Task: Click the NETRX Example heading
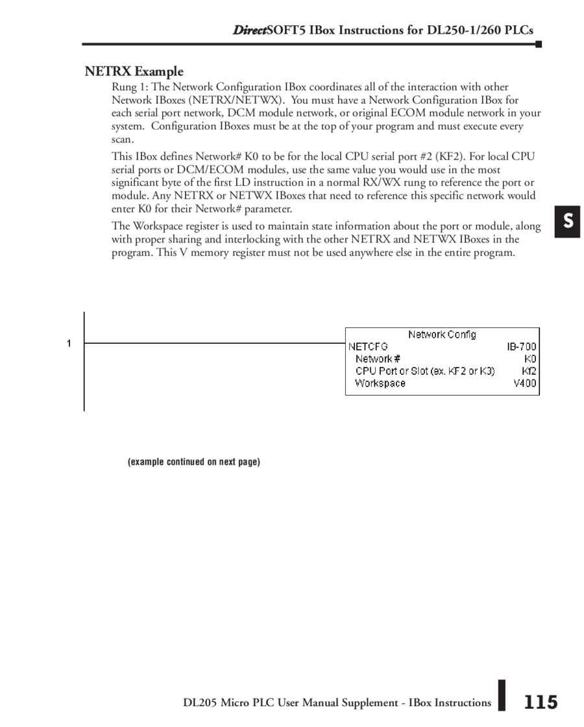point(134,71)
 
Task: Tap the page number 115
point(541,702)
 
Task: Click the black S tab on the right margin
point(567,222)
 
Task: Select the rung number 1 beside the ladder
point(69,343)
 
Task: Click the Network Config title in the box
point(442,335)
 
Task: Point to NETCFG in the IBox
point(368,347)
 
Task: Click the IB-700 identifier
point(522,347)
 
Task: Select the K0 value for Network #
point(530,359)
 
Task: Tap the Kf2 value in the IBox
point(529,371)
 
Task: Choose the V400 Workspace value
point(525,383)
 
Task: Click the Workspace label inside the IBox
point(380,383)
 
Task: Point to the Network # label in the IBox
point(378,359)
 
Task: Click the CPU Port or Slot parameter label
point(425,371)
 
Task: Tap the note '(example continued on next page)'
point(194,462)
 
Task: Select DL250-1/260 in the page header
point(463,31)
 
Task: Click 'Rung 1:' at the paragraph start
point(130,87)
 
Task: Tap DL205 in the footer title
point(200,702)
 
